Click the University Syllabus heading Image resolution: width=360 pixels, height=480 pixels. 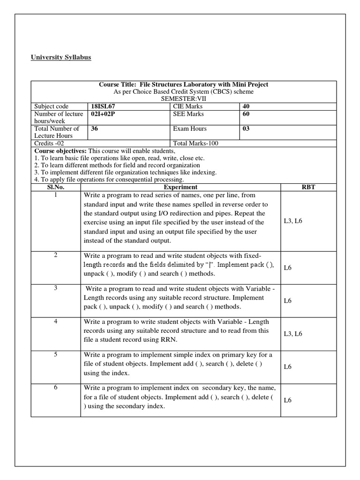click(x=61, y=57)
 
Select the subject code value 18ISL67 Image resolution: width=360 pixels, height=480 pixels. click(x=103, y=106)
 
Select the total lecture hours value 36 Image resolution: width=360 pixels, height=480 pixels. click(x=94, y=128)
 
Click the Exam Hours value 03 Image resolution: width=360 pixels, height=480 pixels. click(x=247, y=128)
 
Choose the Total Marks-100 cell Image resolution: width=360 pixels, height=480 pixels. click(x=195, y=143)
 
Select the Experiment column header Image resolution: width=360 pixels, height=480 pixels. click(x=180, y=187)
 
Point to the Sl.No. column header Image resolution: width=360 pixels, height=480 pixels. click(x=56, y=187)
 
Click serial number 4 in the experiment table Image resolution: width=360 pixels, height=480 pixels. click(x=55, y=322)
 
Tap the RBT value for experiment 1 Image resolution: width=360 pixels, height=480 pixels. click(x=293, y=220)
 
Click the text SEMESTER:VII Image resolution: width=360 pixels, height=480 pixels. click(x=183, y=99)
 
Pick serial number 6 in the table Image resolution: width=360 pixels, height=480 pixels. click(x=55, y=387)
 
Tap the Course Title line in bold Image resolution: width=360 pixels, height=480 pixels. click(x=183, y=84)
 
